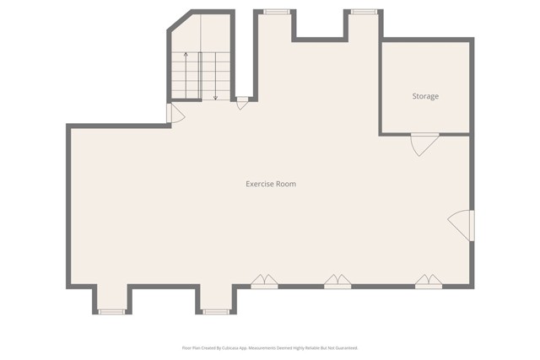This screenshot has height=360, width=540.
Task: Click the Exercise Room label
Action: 271,184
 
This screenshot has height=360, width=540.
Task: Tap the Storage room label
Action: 425,97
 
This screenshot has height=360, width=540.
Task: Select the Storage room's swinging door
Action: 424,143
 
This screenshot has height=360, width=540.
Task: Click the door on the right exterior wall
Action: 462,225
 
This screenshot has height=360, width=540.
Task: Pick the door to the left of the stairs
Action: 175,115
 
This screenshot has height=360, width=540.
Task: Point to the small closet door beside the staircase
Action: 242,103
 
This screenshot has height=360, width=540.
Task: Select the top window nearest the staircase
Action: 276,12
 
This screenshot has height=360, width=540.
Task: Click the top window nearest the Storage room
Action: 364,12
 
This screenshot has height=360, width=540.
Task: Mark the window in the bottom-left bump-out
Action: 111,312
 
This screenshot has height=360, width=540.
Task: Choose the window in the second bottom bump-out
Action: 216,312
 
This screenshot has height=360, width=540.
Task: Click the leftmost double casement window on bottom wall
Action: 264,282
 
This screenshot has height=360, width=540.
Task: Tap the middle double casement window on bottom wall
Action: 337,282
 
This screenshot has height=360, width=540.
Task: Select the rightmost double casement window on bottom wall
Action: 429,282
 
